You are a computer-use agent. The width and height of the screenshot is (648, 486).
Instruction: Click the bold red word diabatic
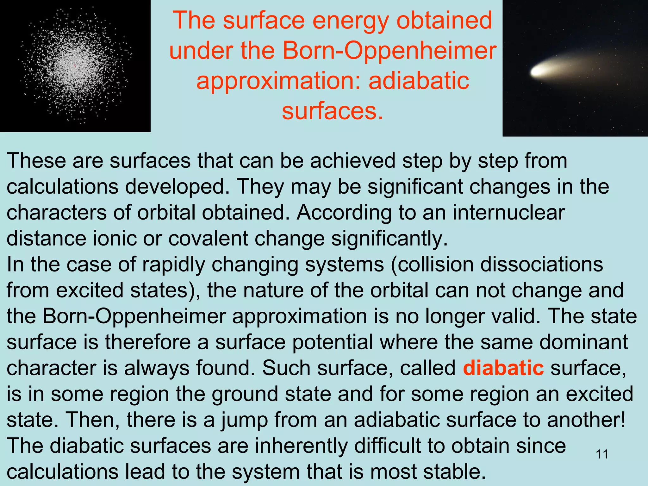(x=503, y=368)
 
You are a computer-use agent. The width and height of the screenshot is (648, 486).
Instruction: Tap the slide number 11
(x=602, y=454)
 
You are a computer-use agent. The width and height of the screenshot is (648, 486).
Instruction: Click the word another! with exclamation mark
(x=586, y=420)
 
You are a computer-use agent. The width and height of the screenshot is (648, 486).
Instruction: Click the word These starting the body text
(x=36, y=160)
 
